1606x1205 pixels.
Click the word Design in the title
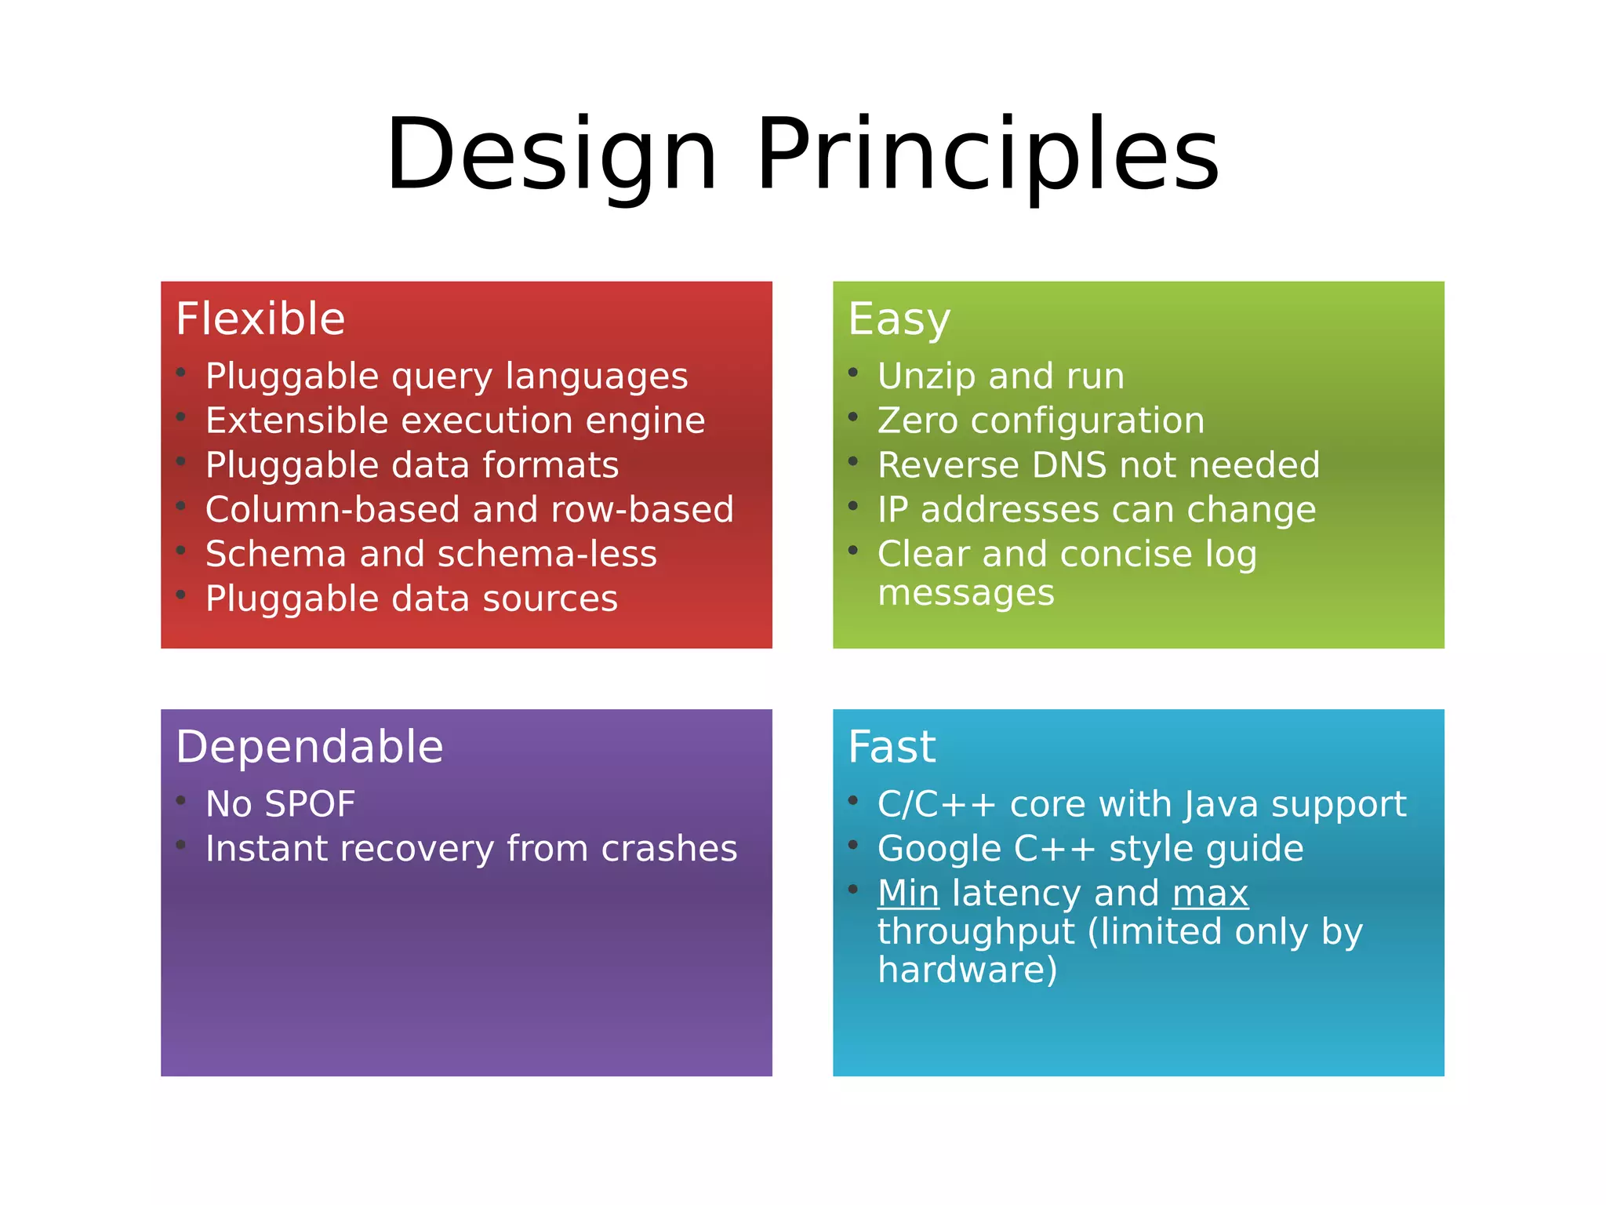coord(551,155)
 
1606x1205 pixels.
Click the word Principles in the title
coord(987,155)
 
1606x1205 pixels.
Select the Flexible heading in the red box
coord(260,319)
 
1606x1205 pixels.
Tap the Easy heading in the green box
coord(899,320)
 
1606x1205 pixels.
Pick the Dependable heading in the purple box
coord(309,747)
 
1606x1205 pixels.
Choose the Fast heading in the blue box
coord(892,747)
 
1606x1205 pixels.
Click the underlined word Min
coord(908,894)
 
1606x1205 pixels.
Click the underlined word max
coord(1210,894)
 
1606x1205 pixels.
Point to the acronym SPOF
coord(311,805)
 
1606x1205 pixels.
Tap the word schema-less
coord(547,555)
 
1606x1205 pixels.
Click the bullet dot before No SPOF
coord(181,800)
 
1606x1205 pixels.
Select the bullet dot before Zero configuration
coord(853,417)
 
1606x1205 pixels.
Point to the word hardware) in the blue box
coord(967,970)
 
